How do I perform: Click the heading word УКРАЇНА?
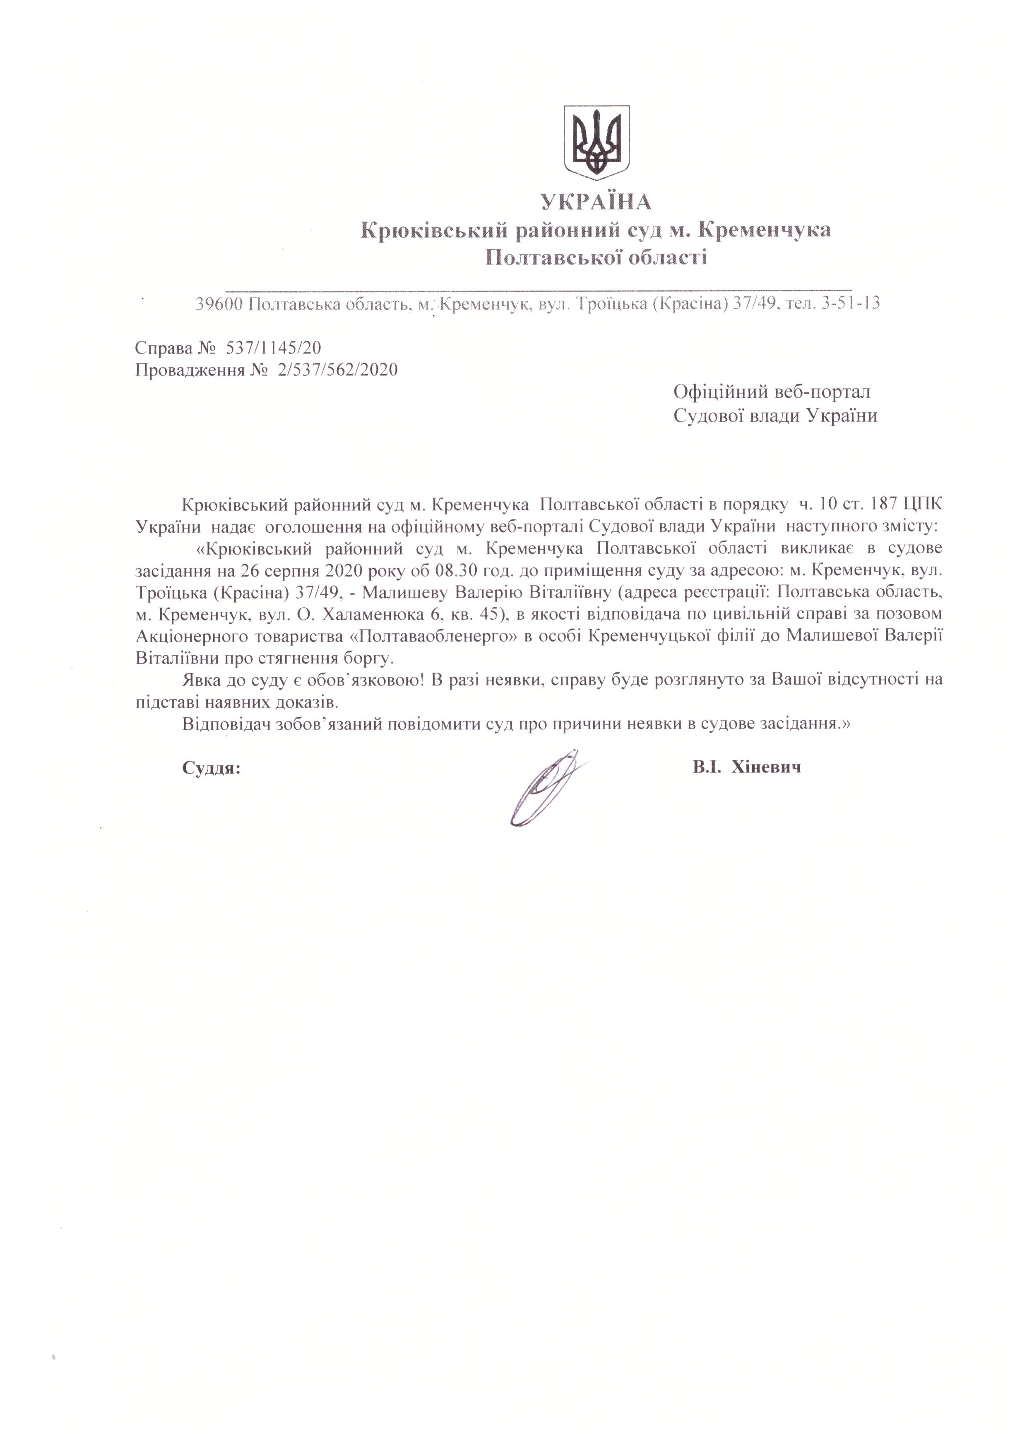[596, 202]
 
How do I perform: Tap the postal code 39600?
[219, 305]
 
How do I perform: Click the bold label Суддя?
[211, 768]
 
